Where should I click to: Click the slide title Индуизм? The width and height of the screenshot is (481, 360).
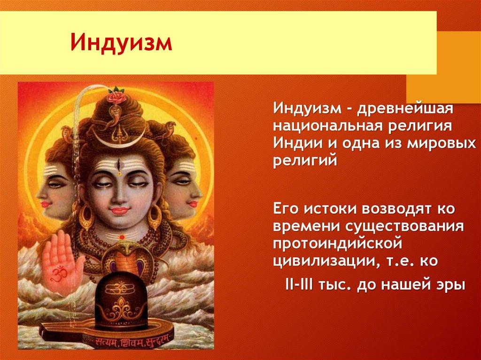point(121,43)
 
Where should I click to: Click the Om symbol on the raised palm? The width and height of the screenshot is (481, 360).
point(57,272)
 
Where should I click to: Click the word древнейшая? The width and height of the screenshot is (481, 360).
point(404,108)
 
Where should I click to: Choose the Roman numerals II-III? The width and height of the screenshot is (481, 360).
point(299,285)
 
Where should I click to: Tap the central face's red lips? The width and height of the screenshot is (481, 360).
point(119,211)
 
